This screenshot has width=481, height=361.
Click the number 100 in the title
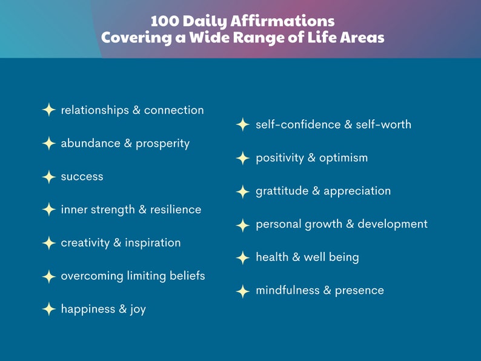click(165, 21)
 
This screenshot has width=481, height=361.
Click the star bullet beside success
click(49, 177)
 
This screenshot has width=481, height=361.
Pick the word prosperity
click(162, 144)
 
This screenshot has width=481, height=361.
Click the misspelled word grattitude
click(282, 191)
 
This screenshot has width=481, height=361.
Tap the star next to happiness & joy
click(49, 309)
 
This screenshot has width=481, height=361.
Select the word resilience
click(176, 210)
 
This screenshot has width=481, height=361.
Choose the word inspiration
click(153, 243)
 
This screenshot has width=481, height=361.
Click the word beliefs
click(187, 276)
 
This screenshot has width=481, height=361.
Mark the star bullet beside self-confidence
click(243, 125)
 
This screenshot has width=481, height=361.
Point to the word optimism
click(343, 158)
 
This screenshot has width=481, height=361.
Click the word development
click(393, 224)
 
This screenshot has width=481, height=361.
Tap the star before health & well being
click(243, 257)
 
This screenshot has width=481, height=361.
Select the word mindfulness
click(287, 290)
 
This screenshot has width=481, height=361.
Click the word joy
click(138, 310)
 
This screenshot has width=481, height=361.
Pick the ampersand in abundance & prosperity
click(128, 143)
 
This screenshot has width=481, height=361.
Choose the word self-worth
click(383, 125)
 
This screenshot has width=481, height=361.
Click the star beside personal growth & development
click(243, 225)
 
